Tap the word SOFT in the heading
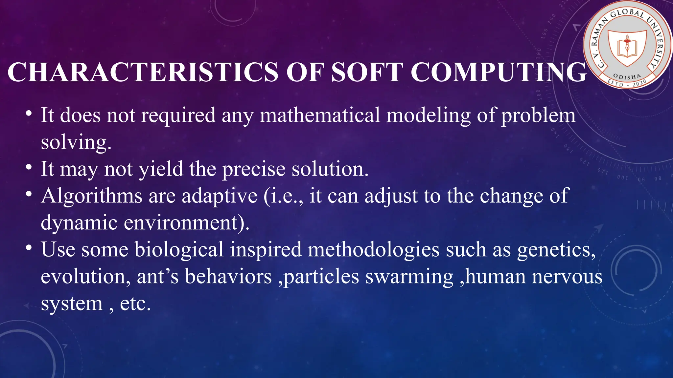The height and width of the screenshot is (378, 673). coord(366,73)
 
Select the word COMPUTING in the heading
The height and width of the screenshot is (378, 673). coord(498,73)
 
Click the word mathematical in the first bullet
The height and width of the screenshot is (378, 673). coord(320,115)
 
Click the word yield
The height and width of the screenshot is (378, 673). coord(161,169)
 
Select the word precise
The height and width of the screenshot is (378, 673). coord(254,169)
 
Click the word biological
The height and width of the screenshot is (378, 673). coord(179,250)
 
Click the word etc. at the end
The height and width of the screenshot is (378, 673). coord(135,304)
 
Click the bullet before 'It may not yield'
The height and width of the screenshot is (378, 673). coord(29,167)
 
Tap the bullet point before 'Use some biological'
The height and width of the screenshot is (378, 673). coord(29,248)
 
